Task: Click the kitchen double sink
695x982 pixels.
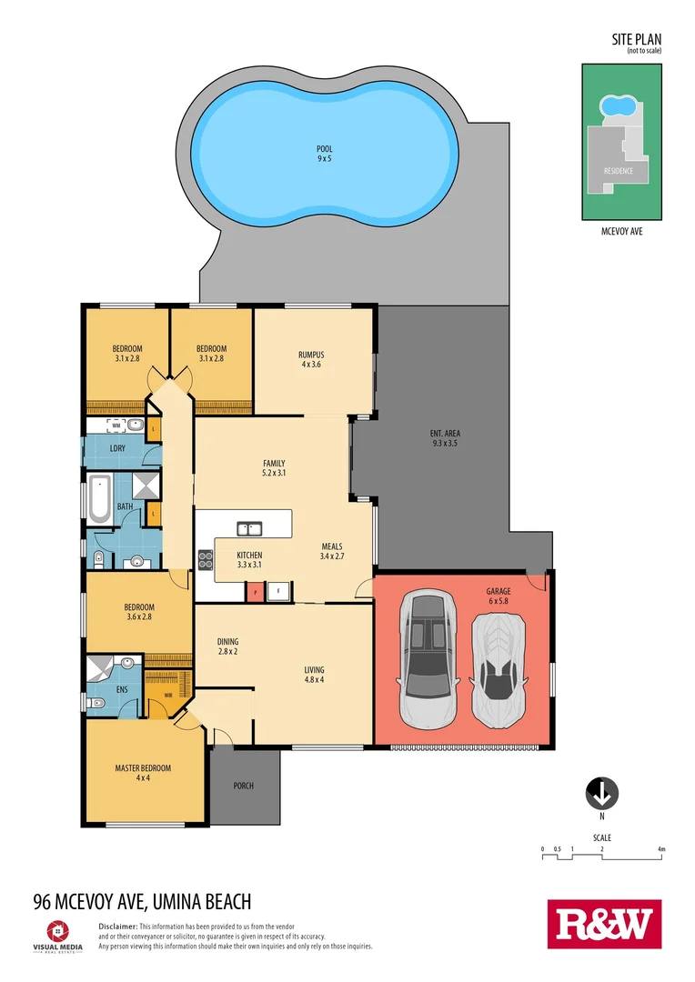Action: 249,528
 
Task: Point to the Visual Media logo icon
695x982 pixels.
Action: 56,929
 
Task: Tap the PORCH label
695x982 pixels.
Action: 243,786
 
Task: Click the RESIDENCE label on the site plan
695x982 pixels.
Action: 619,171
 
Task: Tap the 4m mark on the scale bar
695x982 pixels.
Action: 662,850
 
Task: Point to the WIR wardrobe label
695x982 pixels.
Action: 167,697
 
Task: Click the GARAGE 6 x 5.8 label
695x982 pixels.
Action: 499,596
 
